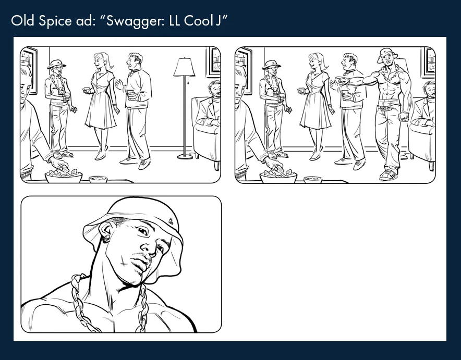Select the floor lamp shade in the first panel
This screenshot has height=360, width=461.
(184, 67)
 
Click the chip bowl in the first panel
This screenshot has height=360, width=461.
(64, 176)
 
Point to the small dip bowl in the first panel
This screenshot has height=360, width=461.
(98, 179)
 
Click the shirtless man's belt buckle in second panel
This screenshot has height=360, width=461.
(385, 109)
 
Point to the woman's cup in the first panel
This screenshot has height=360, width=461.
(87, 90)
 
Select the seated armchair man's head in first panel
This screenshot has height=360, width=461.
(214, 89)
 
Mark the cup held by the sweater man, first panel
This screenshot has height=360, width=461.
(130, 94)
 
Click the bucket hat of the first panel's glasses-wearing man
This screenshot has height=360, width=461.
(56, 64)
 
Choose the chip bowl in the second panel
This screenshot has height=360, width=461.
(278, 176)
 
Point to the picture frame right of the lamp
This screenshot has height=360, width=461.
(213, 61)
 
